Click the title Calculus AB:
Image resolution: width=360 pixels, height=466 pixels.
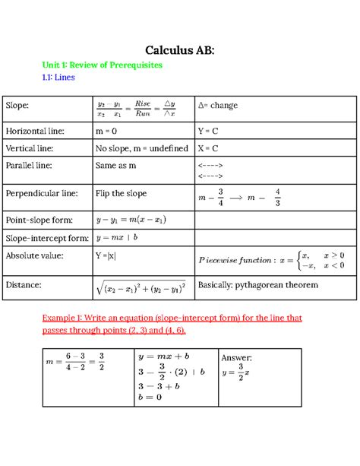pos(180,50)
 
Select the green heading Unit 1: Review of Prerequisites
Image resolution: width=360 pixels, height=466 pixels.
pos(102,65)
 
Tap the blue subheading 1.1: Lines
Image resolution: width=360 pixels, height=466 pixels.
pos(58,78)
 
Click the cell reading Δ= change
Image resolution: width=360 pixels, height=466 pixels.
pos(218,104)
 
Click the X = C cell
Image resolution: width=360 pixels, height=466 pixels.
pos(209,149)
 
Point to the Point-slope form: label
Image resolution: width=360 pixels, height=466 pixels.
pos(39,220)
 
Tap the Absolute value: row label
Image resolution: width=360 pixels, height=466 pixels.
pos(36,255)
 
